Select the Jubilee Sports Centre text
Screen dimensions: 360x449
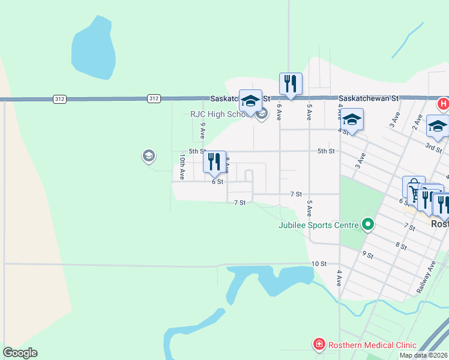pos(318,226)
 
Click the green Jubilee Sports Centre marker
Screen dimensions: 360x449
pos(368,226)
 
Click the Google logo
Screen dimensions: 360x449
pos(20,353)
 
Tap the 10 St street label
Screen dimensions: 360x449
pos(319,263)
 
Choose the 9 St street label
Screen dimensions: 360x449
pos(368,254)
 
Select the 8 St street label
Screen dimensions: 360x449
pos(401,246)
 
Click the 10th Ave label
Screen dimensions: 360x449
pos(182,166)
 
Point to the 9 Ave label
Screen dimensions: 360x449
pos(203,130)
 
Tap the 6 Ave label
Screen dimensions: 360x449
pos(279,113)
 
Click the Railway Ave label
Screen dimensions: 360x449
pos(427,280)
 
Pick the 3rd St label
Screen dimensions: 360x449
pos(433,146)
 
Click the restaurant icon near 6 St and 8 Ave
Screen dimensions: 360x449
pos(214,162)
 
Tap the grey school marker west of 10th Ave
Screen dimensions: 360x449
pos(148,157)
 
